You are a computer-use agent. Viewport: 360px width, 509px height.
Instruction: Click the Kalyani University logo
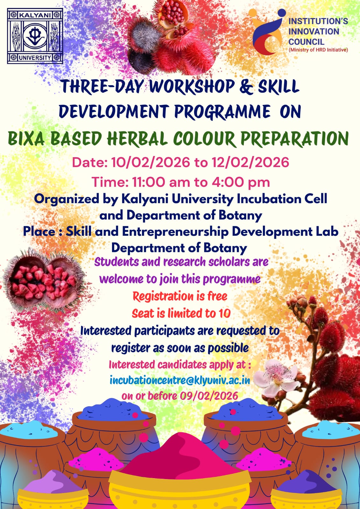coord(35,36)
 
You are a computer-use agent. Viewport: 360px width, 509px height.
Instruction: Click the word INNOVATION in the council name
coord(314,31)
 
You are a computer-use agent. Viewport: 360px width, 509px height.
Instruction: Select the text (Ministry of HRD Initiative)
coord(318,50)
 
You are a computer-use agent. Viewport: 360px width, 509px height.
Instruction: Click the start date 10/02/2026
coord(150,163)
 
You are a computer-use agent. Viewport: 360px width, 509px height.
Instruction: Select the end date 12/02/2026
coord(251,163)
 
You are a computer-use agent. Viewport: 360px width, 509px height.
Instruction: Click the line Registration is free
coord(180,296)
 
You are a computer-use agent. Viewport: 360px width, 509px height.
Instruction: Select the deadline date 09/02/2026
coord(209,396)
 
